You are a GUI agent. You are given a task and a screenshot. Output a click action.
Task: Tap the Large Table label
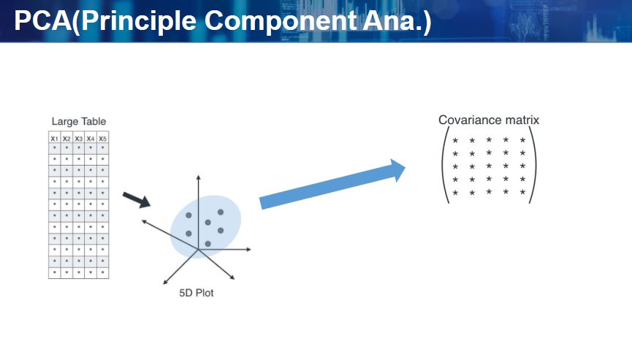click(79, 121)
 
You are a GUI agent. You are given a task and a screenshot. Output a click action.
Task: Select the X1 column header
click(55, 138)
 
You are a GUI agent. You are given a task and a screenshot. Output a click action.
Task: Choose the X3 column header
click(79, 138)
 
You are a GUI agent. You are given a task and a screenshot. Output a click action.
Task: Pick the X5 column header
click(103, 138)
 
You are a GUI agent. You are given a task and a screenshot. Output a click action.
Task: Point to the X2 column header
click(66, 138)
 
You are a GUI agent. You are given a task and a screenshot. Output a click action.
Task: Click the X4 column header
click(91, 138)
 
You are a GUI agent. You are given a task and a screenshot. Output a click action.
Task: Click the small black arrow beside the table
click(136, 199)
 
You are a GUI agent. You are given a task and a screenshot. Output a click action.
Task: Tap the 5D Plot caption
click(197, 294)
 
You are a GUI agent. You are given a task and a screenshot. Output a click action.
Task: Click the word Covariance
click(467, 120)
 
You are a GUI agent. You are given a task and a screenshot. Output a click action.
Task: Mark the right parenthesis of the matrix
click(533, 166)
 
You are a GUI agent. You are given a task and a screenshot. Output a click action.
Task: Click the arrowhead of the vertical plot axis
click(198, 177)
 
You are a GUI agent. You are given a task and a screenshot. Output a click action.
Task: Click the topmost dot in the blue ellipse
click(219, 212)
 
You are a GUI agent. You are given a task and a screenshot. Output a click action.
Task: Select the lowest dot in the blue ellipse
click(208, 243)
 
